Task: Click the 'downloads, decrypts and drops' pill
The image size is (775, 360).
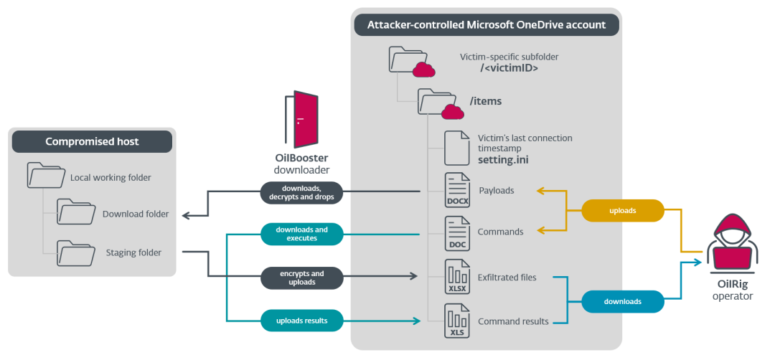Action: click(301, 193)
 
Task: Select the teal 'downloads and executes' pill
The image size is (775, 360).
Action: click(301, 234)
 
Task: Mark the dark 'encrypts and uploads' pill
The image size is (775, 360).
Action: click(301, 278)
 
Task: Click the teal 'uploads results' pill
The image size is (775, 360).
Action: click(301, 321)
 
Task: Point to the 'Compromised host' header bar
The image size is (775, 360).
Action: click(92, 141)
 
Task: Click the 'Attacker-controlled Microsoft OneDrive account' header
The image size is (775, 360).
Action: click(487, 25)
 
